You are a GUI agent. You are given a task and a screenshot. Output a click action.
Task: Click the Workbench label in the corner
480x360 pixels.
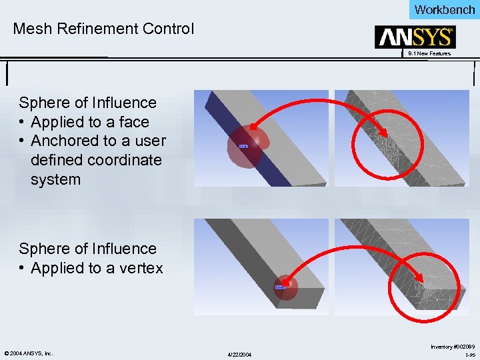point(445,9)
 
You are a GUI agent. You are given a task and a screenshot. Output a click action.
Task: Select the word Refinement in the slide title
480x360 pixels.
point(93,29)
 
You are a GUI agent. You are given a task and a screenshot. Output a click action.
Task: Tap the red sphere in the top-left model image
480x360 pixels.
point(249,145)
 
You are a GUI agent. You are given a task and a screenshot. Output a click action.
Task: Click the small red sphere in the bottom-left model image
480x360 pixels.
point(284,287)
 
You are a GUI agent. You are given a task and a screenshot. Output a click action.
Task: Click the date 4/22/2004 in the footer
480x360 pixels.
point(238,354)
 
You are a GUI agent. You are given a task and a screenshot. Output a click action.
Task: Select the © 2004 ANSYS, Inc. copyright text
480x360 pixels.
point(28,353)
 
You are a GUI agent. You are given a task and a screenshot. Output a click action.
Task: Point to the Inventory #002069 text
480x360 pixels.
point(453,346)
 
